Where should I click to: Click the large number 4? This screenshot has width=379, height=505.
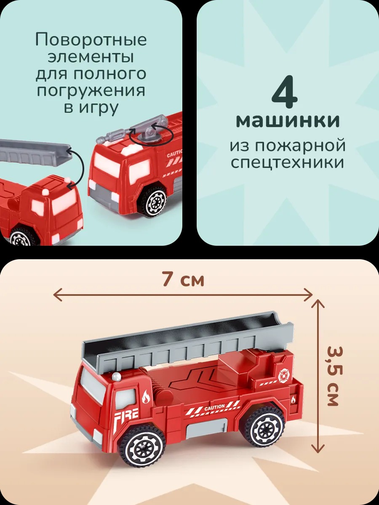[285, 91]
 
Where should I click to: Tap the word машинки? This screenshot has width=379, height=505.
[288, 120]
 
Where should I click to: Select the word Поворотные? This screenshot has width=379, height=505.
[91, 40]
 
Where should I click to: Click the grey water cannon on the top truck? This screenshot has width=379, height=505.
[131, 130]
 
